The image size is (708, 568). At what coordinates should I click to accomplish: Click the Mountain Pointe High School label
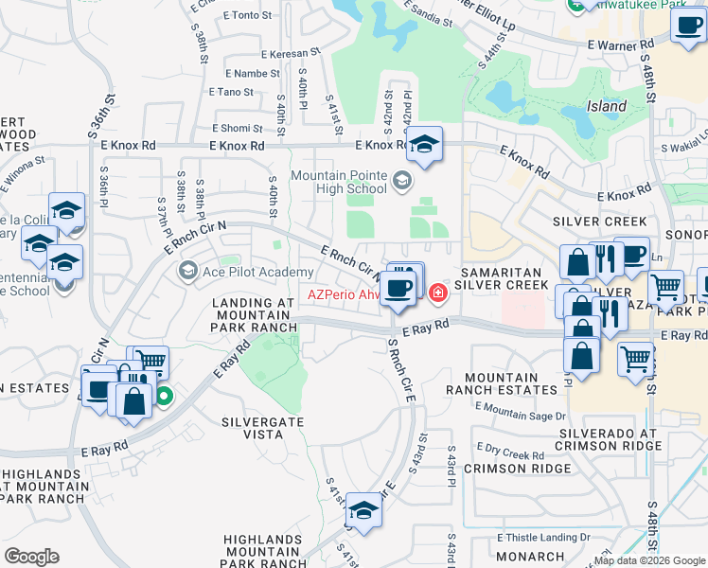pyautogui.click(x=340, y=182)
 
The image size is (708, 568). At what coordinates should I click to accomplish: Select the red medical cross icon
pyautogui.click(x=437, y=293)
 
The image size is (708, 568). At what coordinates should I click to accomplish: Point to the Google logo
pyautogui.click(x=31, y=557)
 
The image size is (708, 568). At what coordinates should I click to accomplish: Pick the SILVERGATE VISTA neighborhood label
pyautogui.click(x=252, y=427)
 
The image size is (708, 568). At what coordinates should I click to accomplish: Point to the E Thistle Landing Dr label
pyautogui.click(x=544, y=537)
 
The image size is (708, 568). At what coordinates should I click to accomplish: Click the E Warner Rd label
pyautogui.click(x=621, y=44)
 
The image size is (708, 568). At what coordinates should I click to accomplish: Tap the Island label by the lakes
pyautogui.click(x=606, y=106)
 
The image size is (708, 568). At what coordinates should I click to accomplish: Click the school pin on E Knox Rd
pyautogui.click(x=426, y=145)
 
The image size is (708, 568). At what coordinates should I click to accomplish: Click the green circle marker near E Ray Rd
pyautogui.click(x=164, y=397)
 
